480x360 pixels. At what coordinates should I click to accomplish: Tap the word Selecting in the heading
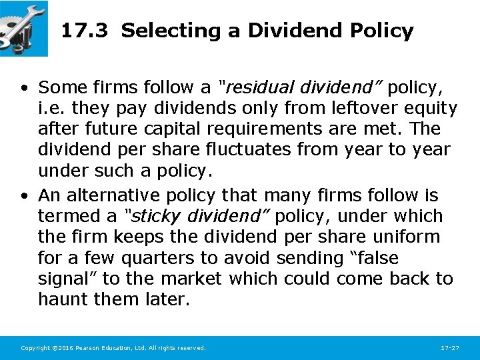159,31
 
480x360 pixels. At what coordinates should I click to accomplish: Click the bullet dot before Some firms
24,88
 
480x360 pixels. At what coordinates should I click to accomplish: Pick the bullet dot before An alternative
24,196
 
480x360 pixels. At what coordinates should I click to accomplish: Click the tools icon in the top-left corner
24,28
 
